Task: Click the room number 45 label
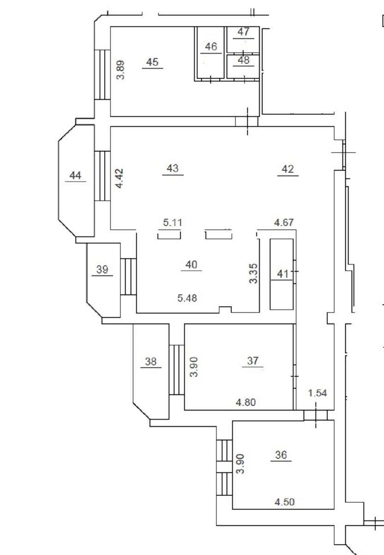click(x=152, y=62)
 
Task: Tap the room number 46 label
click(x=211, y=47)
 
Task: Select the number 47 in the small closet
click(x=244, y=32)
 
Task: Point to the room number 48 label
click(x=244, y=60)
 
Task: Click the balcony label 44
click(x=75, y=175)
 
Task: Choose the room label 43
click(x=173, y=168)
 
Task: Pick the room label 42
click(x=288, y=169)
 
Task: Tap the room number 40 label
click(x=191, y=265)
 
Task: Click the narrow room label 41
click(x=282, y=274)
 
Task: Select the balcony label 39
click(x=102, y=269)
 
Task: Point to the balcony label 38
click(x=150, y=362)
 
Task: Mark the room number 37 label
click(x=252, y=361)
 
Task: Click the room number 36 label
click(x=281, y=455)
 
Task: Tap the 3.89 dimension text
click(x=120, y=70)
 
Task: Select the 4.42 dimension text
click(x=120, y=179)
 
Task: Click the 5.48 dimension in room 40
click(x=187, y=298)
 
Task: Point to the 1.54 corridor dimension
click(x=318, y=393)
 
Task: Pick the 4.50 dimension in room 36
click(x=285, y=502)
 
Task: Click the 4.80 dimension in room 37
click(x=246, y=402)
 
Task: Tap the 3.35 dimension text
click(x=253, y=273)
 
